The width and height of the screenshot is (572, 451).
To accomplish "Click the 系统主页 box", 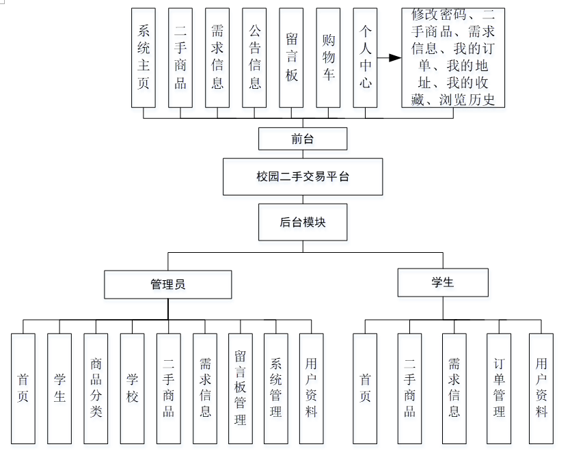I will (x=144, y=57).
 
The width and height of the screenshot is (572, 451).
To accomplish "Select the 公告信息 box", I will (x=254, y=57).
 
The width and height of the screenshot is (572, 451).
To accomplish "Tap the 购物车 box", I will (x=328, y=57).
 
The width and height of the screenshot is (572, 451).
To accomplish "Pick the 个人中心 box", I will (x=365, y=57).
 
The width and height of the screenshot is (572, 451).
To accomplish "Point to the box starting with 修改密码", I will (x=453, y=57).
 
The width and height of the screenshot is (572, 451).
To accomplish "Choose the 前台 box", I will (x=303, y=139).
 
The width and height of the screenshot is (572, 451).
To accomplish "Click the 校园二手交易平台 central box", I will (x=303, y=176).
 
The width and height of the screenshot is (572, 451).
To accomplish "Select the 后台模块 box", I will (x=303, y=222).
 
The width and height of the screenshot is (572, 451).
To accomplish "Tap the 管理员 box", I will (x=168, y=284).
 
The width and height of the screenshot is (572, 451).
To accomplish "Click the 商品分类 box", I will (x=96, y=388).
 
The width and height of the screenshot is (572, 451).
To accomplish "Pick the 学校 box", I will (x=132, y=388).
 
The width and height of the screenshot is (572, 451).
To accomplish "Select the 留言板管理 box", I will (x=240, y=388).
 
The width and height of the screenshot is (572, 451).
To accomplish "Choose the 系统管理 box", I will (x=276, y=388).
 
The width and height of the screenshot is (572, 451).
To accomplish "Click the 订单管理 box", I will (x=499, y=388).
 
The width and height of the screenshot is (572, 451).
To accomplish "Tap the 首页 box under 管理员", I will (x=23, y=388).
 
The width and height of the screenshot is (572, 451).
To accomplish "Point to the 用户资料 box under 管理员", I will (x=312, y=388).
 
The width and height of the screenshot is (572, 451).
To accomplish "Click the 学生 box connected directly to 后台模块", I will (x=443, y=282).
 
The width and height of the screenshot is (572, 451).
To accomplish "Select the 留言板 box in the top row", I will (x=291, y=57).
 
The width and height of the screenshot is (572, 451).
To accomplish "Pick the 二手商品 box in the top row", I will (x=180, y=57).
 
